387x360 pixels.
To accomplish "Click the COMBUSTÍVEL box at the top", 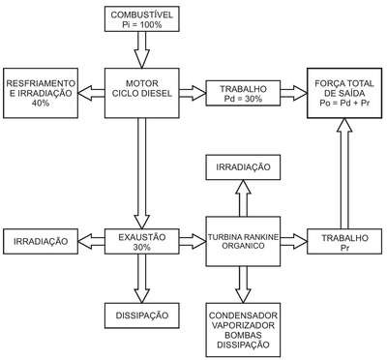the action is [x=142, y=18].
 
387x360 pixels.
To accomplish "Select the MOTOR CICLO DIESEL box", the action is [x=142, y=93].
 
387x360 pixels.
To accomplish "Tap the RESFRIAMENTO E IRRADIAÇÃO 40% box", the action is [x=41, y=93].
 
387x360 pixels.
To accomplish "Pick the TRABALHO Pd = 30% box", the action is [x=243, y=93].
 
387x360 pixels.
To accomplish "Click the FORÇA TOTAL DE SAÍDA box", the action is [x=344, y=93].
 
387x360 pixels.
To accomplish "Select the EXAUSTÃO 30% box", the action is [x=142, y=242].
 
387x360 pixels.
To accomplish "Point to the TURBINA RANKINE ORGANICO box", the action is [x=243, y=241].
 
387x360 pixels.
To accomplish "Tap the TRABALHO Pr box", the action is [x=344, y=242].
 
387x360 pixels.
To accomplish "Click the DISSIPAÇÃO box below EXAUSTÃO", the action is [x=142, y=315].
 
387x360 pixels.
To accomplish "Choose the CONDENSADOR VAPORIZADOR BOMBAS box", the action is [x=243, y=330].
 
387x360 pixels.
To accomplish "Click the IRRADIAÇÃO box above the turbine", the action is [x=243, y=167].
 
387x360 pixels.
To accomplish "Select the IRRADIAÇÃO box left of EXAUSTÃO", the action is [x=41, y=242].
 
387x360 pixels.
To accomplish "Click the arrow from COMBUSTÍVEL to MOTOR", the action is [x=142, y=49].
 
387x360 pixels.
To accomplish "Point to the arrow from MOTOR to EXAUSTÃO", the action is [x=142, y=173].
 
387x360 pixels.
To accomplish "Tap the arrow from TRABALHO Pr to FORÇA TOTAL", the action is [x=344, y=173].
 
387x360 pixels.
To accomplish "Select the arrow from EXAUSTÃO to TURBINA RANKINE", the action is [x=193, y=242].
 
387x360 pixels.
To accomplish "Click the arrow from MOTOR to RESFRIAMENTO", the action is [x=92, y=93].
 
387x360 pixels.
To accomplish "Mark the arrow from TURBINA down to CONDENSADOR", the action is [x=243, y=285].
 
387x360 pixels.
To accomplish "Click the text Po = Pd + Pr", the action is [x=344, y=104].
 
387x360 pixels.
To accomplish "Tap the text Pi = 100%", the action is [x=142, y=24].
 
